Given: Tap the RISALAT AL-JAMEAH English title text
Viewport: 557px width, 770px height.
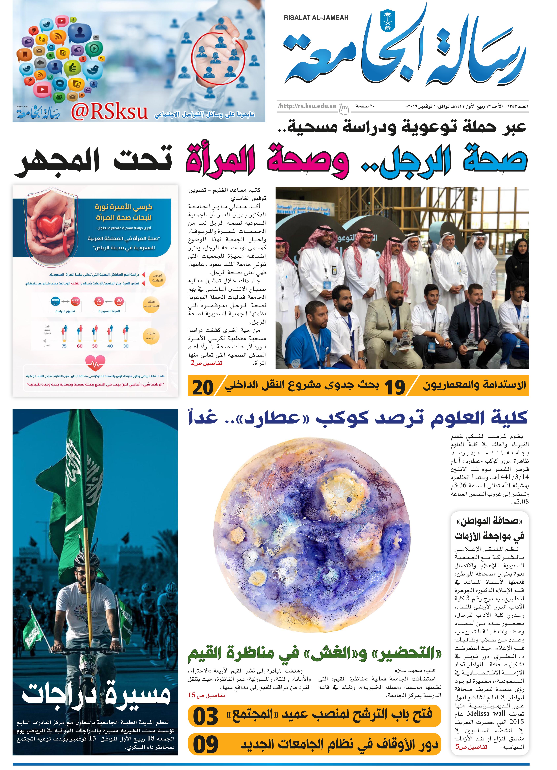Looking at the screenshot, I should pyautogui.click(x=316, y=18).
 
